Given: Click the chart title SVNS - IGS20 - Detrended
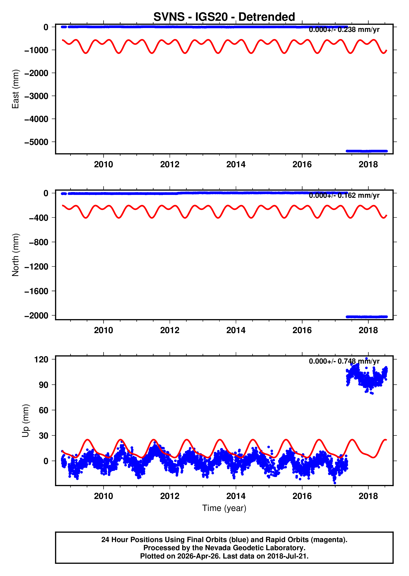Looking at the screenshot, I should (x=224, y=17).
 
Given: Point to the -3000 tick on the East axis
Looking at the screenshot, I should (x=36, y=96).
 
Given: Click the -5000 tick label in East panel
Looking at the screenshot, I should (x=36, y=142).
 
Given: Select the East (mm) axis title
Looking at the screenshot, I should (x=16, y=89).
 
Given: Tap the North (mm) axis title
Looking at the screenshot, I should (x=16, y=255).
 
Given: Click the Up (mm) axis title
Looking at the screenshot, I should (x=25, y=421).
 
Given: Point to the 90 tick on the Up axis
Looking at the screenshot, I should (x=43, y=385).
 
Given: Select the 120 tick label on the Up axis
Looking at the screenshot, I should (x=41, y=359).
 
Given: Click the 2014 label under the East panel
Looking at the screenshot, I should (x=236, y=164).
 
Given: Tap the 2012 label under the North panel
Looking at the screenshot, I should (x=170, y=330).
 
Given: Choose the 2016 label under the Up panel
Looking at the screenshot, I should (x=302, y=496).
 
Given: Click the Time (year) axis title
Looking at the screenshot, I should (x=224, y=508).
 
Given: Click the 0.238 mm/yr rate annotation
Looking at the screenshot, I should (x=344, y=30).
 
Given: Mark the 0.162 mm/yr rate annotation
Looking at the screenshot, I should (x=344, y=195).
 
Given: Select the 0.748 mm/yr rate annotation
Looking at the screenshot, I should (x=344, y=361).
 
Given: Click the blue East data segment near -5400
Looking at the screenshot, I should (x=366, y=151).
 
